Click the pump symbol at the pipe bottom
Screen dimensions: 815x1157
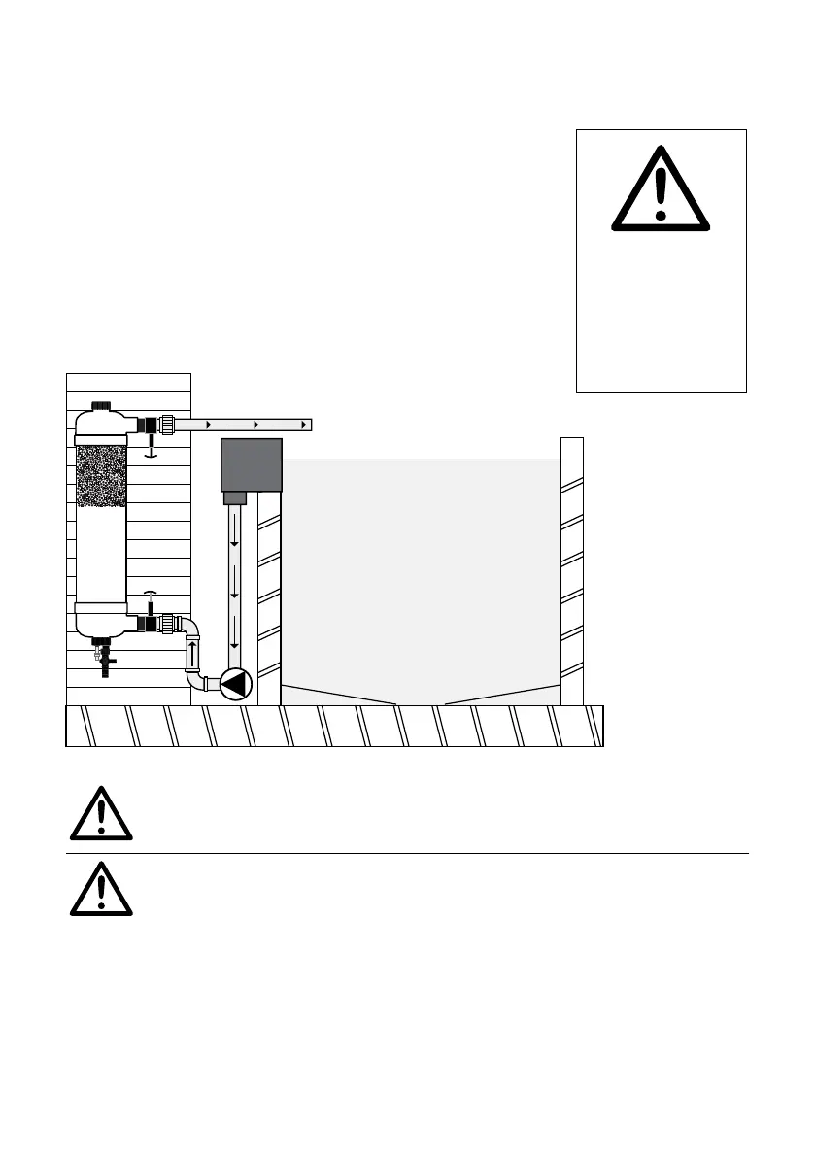pyautogui.click(x=234, y=684)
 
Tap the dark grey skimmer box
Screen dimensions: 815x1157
pyautogui.click(x=252, y=464)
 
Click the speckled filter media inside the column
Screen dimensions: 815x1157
pyautogui.click(x=101, y=477)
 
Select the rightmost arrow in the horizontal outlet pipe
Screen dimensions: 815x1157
pyautogui.click(x=290, y=425)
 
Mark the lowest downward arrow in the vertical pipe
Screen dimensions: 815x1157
pyautogui.click(x=234, y=644)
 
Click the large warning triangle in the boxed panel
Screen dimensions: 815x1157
pyautogui.click(x=661, y=188)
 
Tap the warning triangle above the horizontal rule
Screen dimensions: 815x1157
pyautogui.click(x=101, y=815)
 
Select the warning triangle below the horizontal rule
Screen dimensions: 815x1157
pyautogui.click(x=101, y=888)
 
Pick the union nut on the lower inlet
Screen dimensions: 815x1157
pyautogui.click(x=169, y=622)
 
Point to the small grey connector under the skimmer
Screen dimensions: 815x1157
pyautogui.click(x=234, y=498)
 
